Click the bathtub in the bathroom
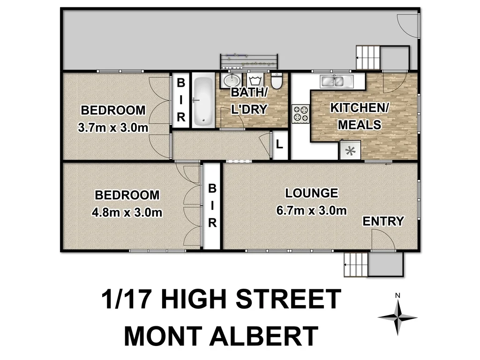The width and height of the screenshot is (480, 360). pos(203,100)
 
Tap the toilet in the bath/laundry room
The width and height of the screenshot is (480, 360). pos(277,81)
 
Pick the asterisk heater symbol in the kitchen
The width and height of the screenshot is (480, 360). pos(350,151)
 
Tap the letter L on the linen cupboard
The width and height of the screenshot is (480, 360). pos(280,144)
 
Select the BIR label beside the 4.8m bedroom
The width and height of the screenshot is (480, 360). pos(212,206)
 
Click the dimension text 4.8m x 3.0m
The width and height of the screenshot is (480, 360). pos(127,212)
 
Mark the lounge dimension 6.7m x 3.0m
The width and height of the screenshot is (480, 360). pos(312,210)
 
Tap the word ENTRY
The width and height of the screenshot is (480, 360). pos(383,221)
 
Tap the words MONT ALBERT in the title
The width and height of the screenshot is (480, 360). pos(221,337)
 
